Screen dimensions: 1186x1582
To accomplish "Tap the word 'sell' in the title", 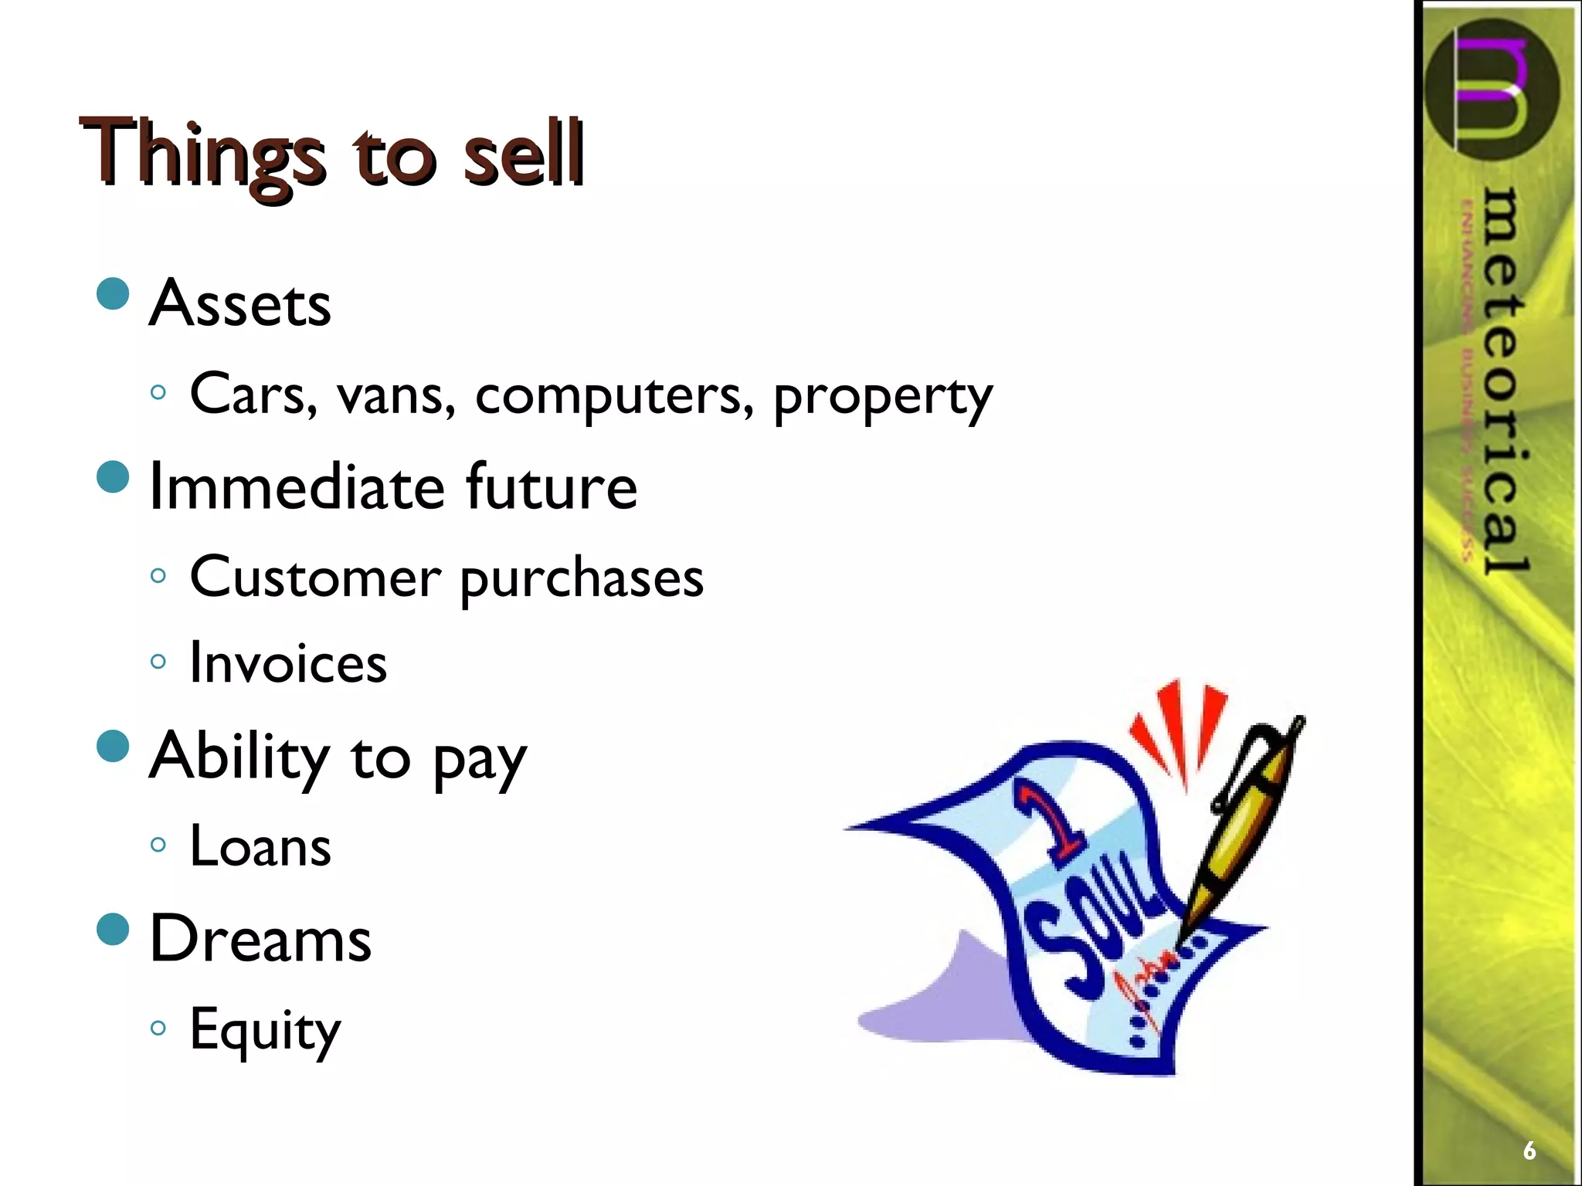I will (x=522, y=153).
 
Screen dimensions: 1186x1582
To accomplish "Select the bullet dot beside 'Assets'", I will (x=114, y=294).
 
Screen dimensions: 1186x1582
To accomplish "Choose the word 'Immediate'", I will (x=297, y=486).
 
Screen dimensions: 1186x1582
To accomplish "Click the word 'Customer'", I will (x=315, y=578).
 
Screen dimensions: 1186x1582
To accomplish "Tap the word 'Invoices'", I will (x=288, y=663).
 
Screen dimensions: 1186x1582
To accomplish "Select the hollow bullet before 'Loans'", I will (x=158, y=845).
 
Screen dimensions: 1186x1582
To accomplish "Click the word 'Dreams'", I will (x=260, y=939).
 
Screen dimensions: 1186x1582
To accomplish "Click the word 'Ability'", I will (x=239, y=756).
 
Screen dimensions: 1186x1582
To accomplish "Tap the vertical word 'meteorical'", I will (x=1506, y=382).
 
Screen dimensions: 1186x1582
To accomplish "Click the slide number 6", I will (x=1529, y=1150).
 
